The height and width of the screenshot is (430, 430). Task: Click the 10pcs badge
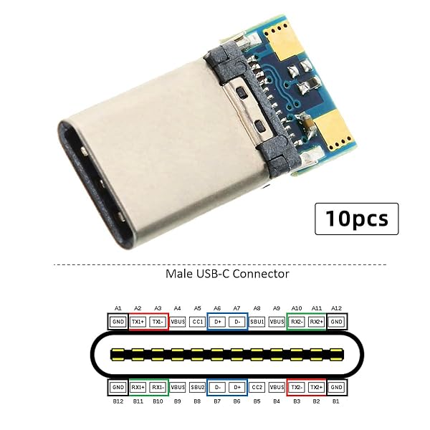(356, 219)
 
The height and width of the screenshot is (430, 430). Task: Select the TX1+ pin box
(138, 322)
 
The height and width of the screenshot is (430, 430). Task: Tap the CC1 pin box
(198, 322)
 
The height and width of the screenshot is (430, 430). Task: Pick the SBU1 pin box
(257, 322)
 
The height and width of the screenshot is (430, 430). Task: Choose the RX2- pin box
(297, 322)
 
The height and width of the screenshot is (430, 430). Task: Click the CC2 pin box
(257, 388)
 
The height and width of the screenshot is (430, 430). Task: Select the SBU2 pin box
(198, 388)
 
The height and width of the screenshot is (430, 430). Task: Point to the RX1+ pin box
(138, 388)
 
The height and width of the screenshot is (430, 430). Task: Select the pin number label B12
(118, 401)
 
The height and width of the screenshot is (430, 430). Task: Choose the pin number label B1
(337, 401)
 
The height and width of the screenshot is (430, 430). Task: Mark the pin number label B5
(257, 401)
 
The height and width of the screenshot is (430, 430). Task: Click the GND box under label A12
(337, 322)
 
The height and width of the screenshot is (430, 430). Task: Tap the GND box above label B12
(118, 388)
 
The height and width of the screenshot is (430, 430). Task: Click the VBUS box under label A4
(178, 322)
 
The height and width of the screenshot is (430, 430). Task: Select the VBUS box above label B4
(277, 388)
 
